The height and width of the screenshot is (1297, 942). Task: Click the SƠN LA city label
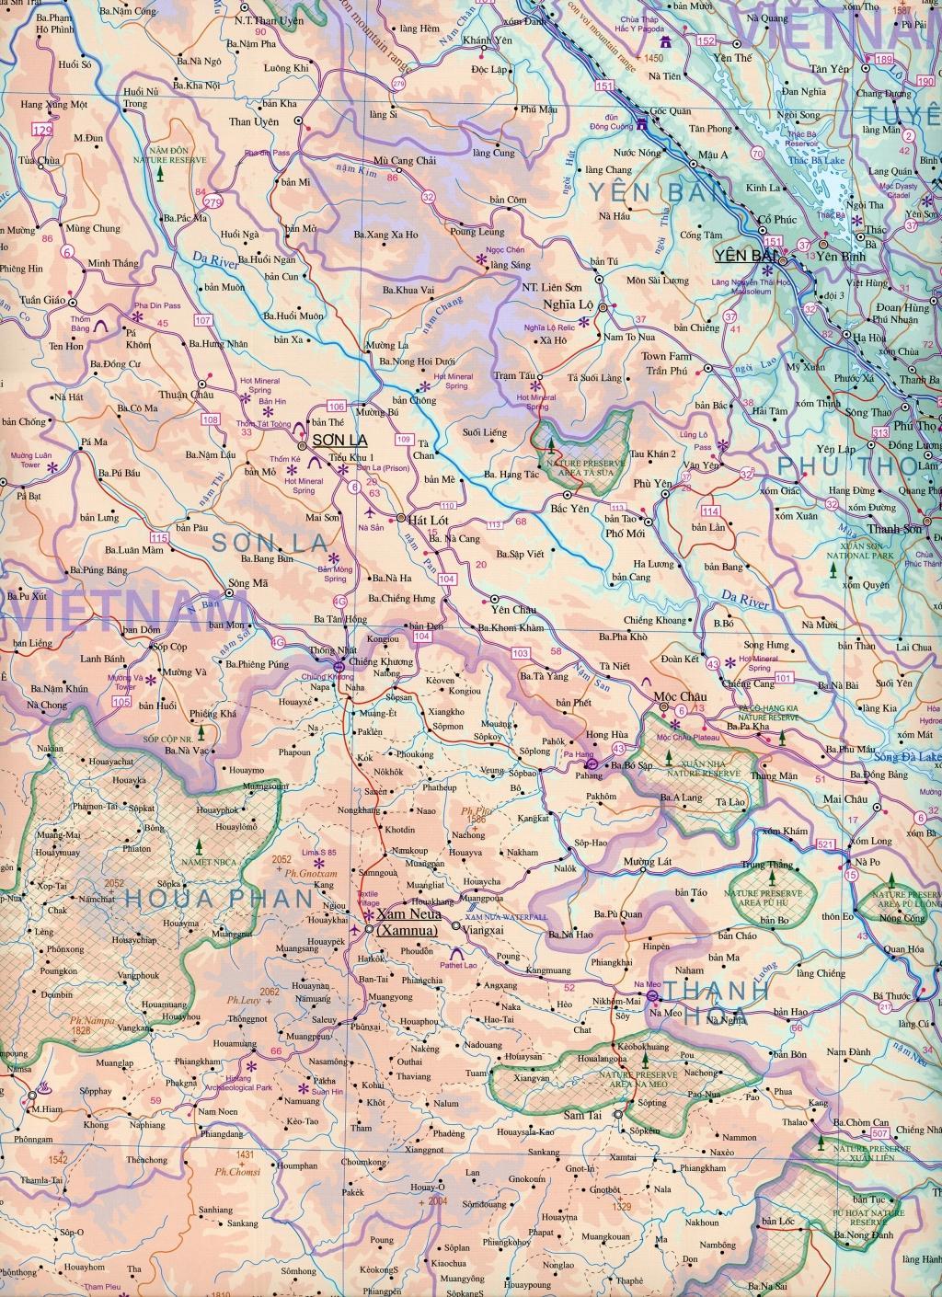(x=335, y=441)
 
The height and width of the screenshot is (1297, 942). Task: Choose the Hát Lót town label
(x=431, y=520)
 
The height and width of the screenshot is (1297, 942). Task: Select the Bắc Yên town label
(x=568, y=508)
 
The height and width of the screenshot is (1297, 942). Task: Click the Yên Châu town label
(x=513, y=609)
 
